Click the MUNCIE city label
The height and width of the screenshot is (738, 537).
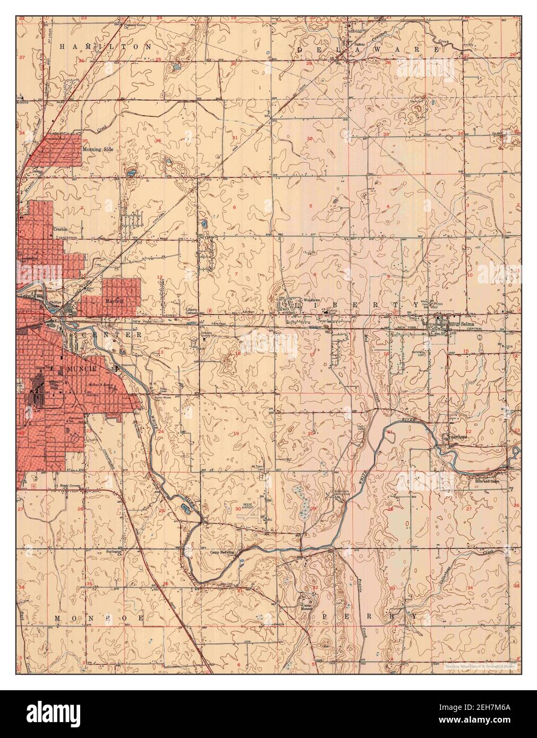click(x=80, y=368)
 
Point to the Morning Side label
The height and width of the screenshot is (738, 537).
click(x=98, y=150)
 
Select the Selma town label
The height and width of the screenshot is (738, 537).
click(x=467, y=322)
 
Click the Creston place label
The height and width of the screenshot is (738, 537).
click(x=59, y=229)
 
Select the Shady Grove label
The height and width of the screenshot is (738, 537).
click(x=69, y=486)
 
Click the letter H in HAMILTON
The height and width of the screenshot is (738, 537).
click(x=62, y=47)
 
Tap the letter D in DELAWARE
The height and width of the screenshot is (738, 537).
click(x=300, y=49)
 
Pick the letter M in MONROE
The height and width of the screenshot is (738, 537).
click(x=57, y=619)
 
